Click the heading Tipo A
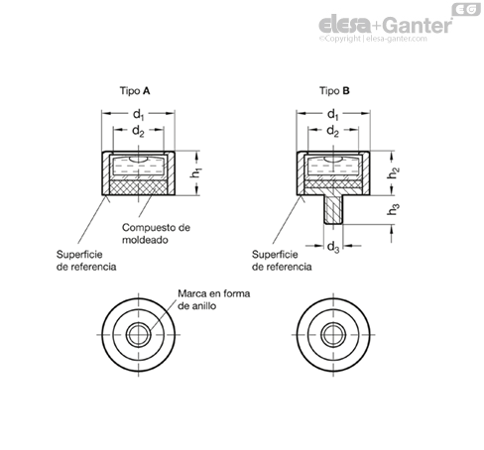tap(135, 91)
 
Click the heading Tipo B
tap(334, 91)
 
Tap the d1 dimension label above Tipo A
tap(139, 115)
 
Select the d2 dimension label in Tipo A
tap(138, 131)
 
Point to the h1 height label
tap(196, 172)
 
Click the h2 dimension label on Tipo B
tap(393, 172)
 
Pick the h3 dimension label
tap(393, 209)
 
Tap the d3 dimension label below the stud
tap(333, 247)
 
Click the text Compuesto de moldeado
tap(156, 234)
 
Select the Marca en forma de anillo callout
tap(213, 299)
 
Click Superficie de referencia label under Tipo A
tap(86, 261)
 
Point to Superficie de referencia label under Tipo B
tap(282, 261)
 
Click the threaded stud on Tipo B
tap(333, 210)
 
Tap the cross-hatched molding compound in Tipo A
tap(138, 187)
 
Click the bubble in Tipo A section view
tap(138, 160)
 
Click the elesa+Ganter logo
tap(386, 25)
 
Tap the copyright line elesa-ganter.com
tap(373, 39)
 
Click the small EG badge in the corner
tap(466, 9)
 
